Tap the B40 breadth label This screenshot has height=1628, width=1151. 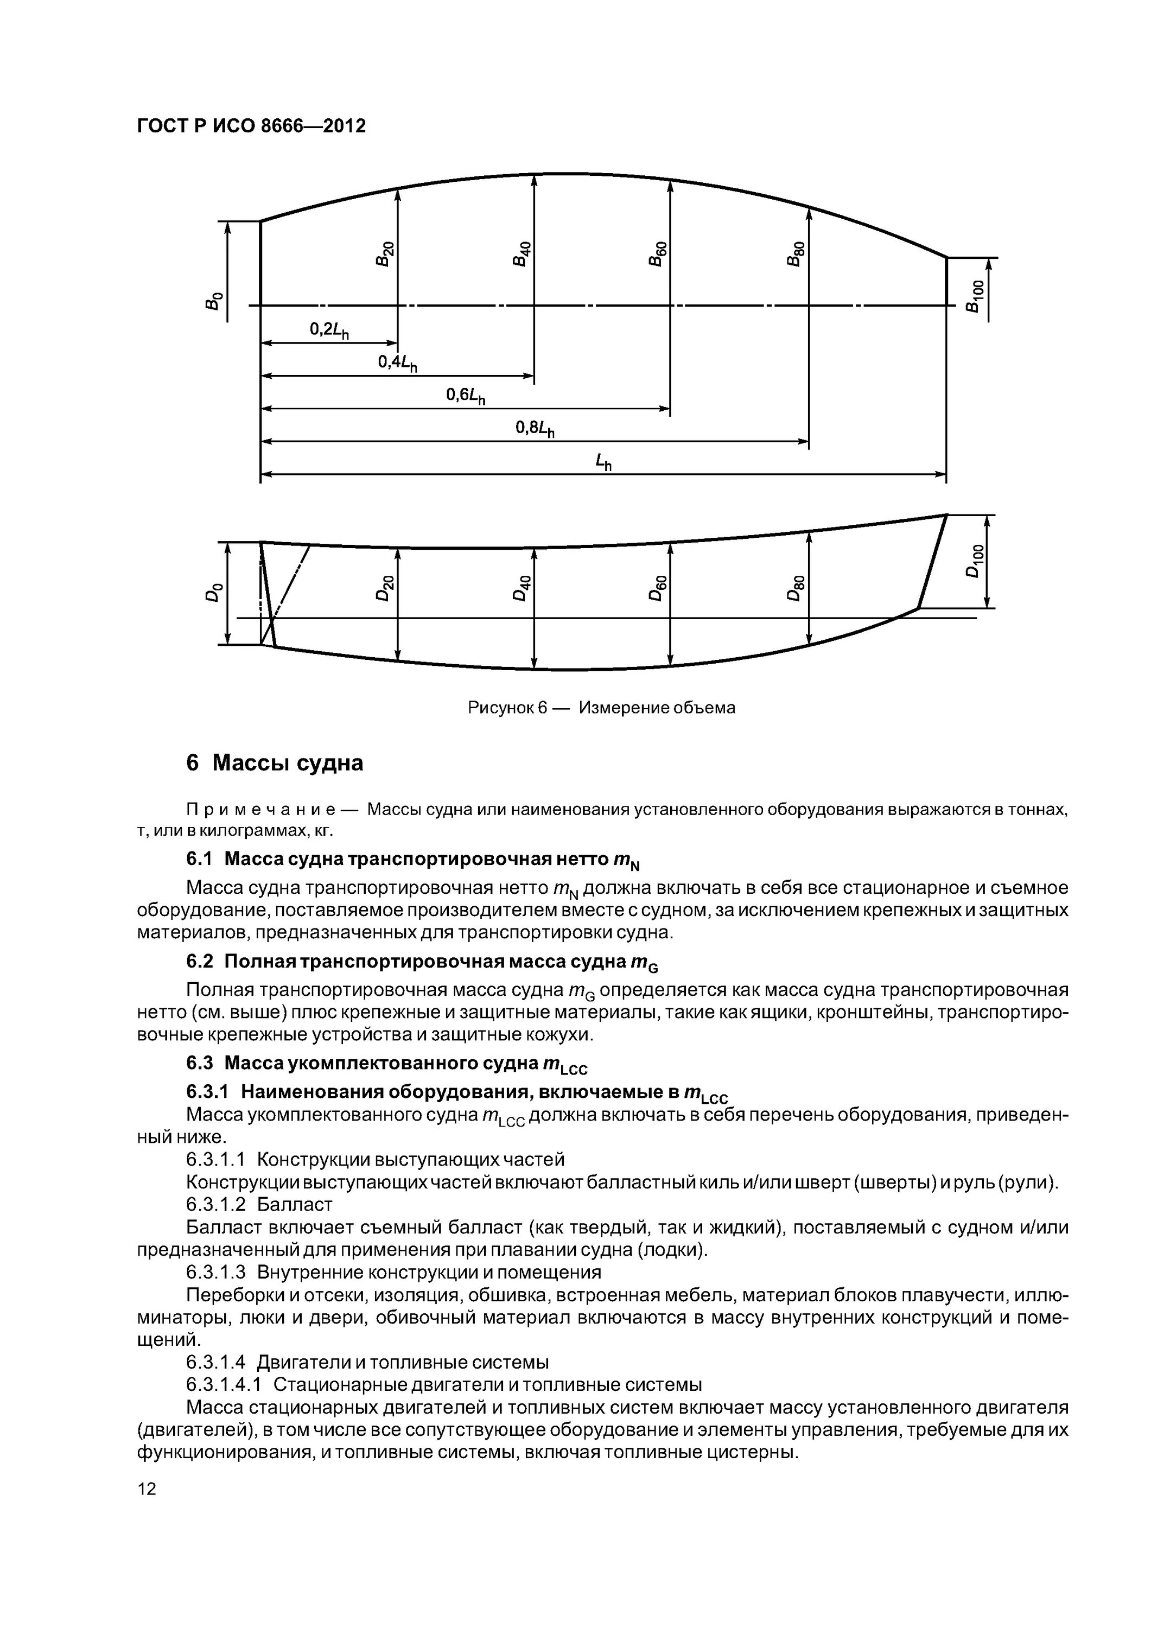pyautogui.click(x=522, y=254)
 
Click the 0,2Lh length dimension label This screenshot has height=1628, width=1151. pyautogui.click(x=330, y=330)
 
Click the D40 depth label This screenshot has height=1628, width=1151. pyautogui.click(x=522, y=588)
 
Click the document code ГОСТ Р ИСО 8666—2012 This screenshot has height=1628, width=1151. pyautogui.click(x=251, y=126)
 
